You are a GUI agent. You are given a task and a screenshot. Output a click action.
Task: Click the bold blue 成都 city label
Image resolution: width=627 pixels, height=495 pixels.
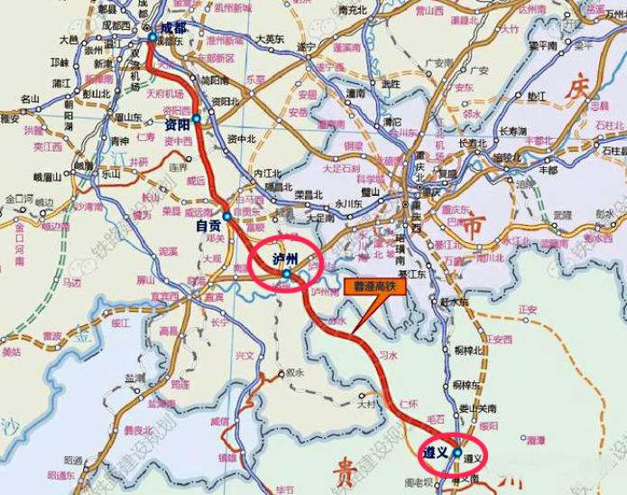(173, 29)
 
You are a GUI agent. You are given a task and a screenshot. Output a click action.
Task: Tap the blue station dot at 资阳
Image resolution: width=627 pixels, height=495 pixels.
(196, 117)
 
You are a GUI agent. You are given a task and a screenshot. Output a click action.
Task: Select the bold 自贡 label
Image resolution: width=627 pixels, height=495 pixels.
(209, 227)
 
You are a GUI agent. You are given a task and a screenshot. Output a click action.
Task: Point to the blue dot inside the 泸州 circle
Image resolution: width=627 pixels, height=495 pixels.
(285, 273)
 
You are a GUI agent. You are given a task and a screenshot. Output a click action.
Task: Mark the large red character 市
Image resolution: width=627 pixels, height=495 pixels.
(471, 229)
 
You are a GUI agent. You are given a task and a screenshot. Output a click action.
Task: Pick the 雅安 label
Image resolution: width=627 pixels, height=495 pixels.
(10, 118)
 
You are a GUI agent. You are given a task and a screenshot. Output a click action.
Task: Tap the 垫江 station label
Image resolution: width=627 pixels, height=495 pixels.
(537, 94)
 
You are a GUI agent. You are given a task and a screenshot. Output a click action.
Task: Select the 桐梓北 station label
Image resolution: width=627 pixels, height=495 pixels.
(469, 348)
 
